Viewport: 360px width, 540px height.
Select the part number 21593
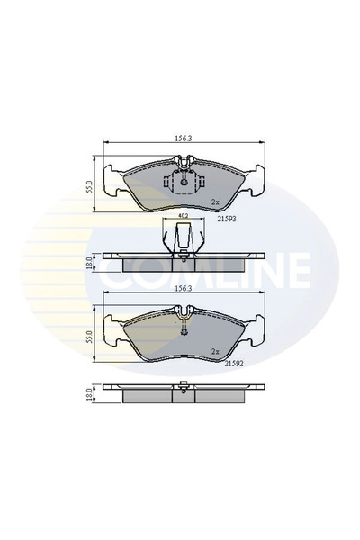click(x=228, y=218)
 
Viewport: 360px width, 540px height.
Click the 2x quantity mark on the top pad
click(x=214, y=202)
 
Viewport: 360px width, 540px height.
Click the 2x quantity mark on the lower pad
click(x=214, y=352)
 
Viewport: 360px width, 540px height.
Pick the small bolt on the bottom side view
click(x=184, y=389)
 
